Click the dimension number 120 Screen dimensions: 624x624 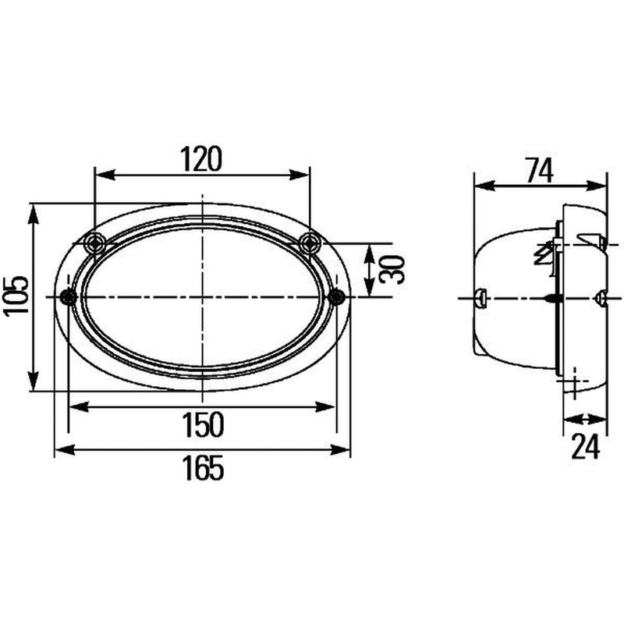[x=201, y=159]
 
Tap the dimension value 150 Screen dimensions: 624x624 [x=203, y=424]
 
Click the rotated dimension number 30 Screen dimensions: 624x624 [x=392, y=269]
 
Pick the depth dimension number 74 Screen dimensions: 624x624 [x=540, y=170]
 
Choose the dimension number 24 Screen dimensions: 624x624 [x=586, y=446]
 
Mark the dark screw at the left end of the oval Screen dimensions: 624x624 [x=69, y=297]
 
